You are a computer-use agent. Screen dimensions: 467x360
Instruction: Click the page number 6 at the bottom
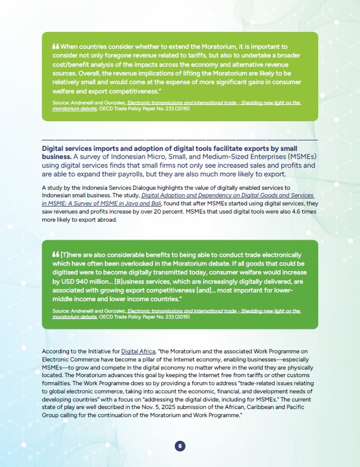click(x=180, y=446)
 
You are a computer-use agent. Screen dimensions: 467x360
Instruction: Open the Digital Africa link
click(x=134, y=352)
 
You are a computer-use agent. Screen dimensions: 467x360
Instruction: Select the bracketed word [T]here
click(x=70, y=255)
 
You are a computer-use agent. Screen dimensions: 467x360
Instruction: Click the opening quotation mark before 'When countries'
click(x=56, y=46)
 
